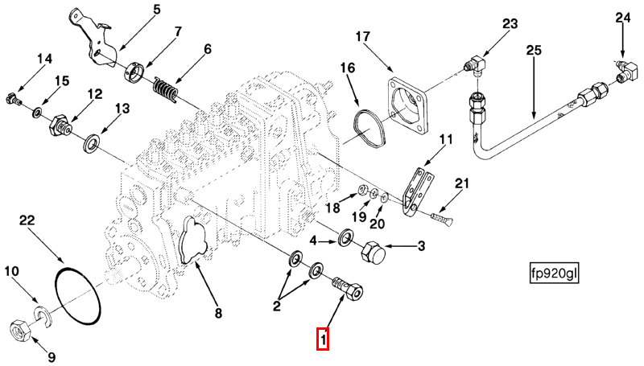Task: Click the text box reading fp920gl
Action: point(555,273)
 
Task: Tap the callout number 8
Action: point(217,312)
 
